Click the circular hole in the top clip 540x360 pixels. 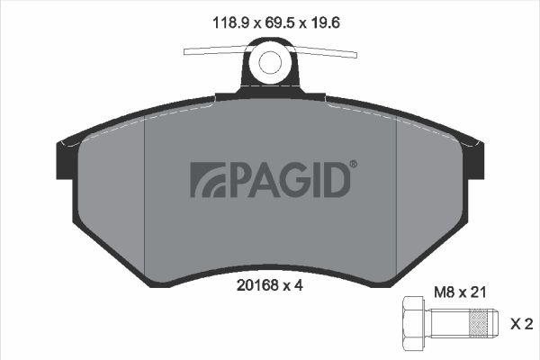click(271, 61)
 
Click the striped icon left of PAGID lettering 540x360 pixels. click(206, 179)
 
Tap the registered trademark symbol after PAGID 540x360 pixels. click(353, 165)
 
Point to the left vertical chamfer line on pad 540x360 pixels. click(145, 193)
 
